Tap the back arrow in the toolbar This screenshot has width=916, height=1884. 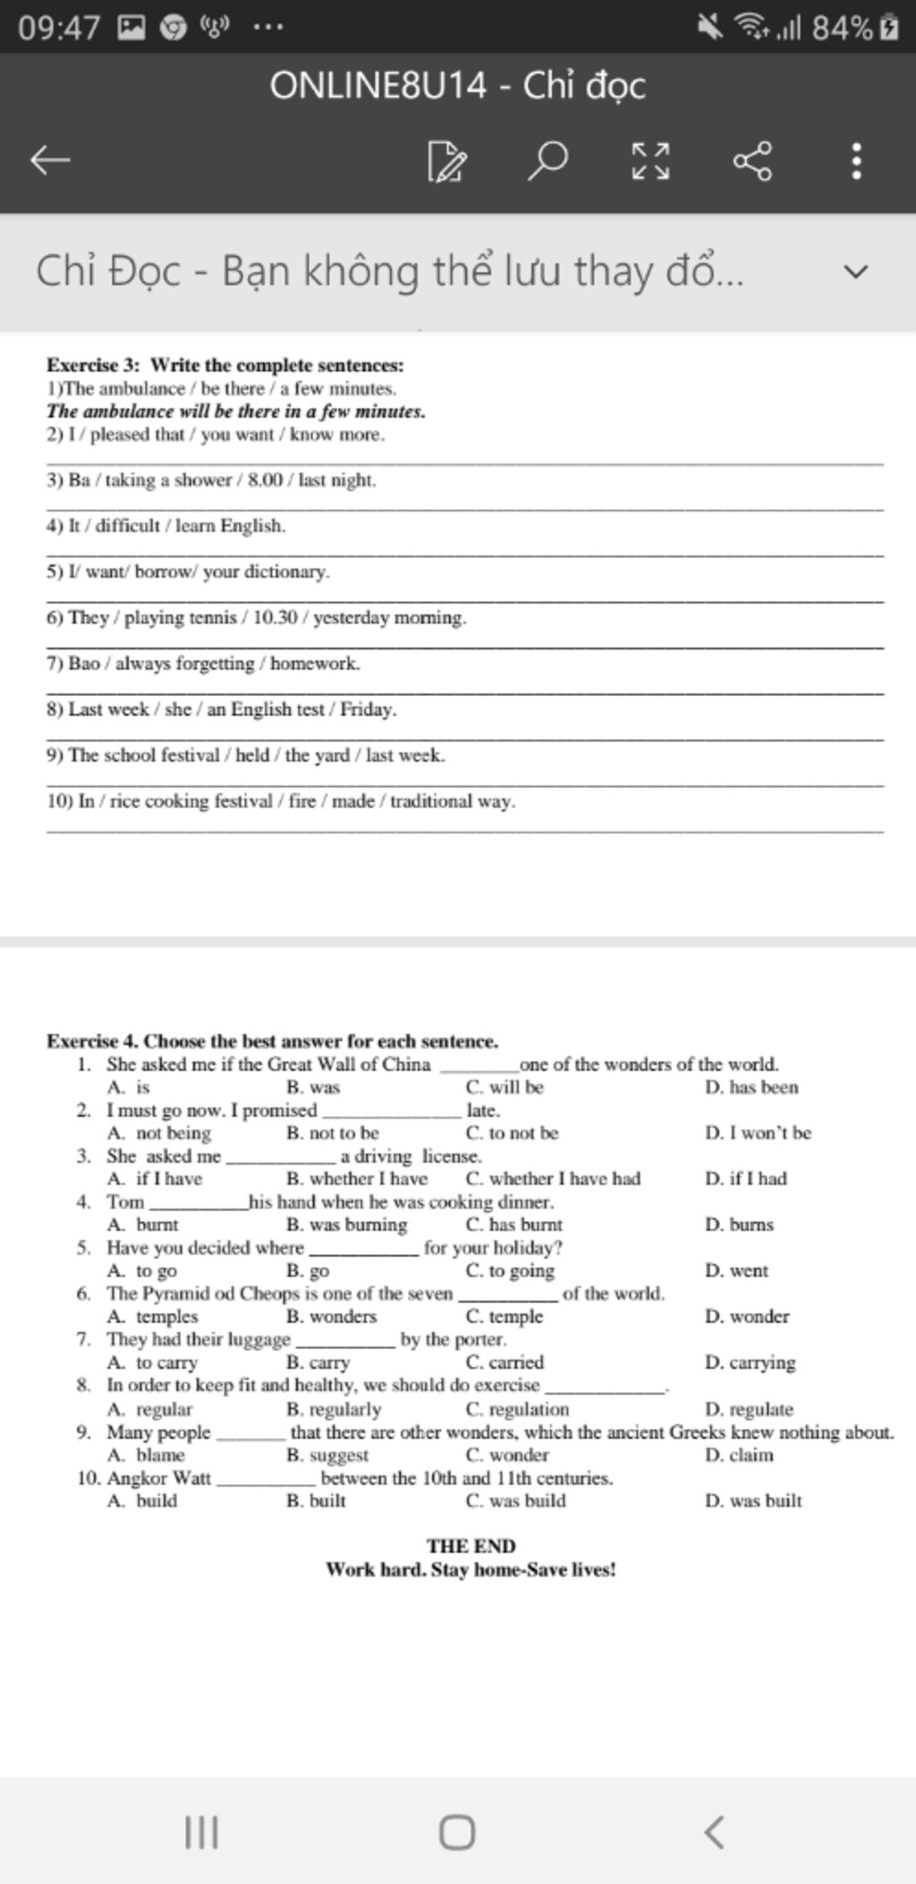click(x=50, y=161)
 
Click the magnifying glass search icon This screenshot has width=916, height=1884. click(x=547, y=160)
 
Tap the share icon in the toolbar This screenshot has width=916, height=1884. click(x=752, y=161)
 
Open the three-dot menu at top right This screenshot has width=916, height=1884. click(x=856, y=161)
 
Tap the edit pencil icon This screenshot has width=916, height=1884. click(x=446, y=161)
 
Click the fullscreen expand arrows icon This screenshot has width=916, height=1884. click(x=650, y=161)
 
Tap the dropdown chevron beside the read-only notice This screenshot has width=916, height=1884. click(x=856, y=271)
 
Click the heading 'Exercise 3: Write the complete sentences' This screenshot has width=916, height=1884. click(x=225, y=365)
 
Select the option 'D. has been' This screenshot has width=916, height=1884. click(x=751, y=1088)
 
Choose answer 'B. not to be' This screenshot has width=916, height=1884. click(x=333, y=1133)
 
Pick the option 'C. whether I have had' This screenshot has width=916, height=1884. click(x=553, y=1179)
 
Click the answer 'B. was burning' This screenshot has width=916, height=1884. click(x=346, y=1225)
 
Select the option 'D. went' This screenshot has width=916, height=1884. click(x=736, y=1270)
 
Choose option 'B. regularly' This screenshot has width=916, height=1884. click(x=334, y=1409)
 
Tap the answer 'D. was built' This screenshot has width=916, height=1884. click(x=752, y=1500)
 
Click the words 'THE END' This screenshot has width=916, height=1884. click(x=471, y=1546)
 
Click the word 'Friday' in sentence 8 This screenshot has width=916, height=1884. click(x=367, y=709)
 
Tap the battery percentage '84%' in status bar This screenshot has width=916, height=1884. click(x=841, y=28)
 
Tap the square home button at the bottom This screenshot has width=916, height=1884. click(x=457, y=1831)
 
